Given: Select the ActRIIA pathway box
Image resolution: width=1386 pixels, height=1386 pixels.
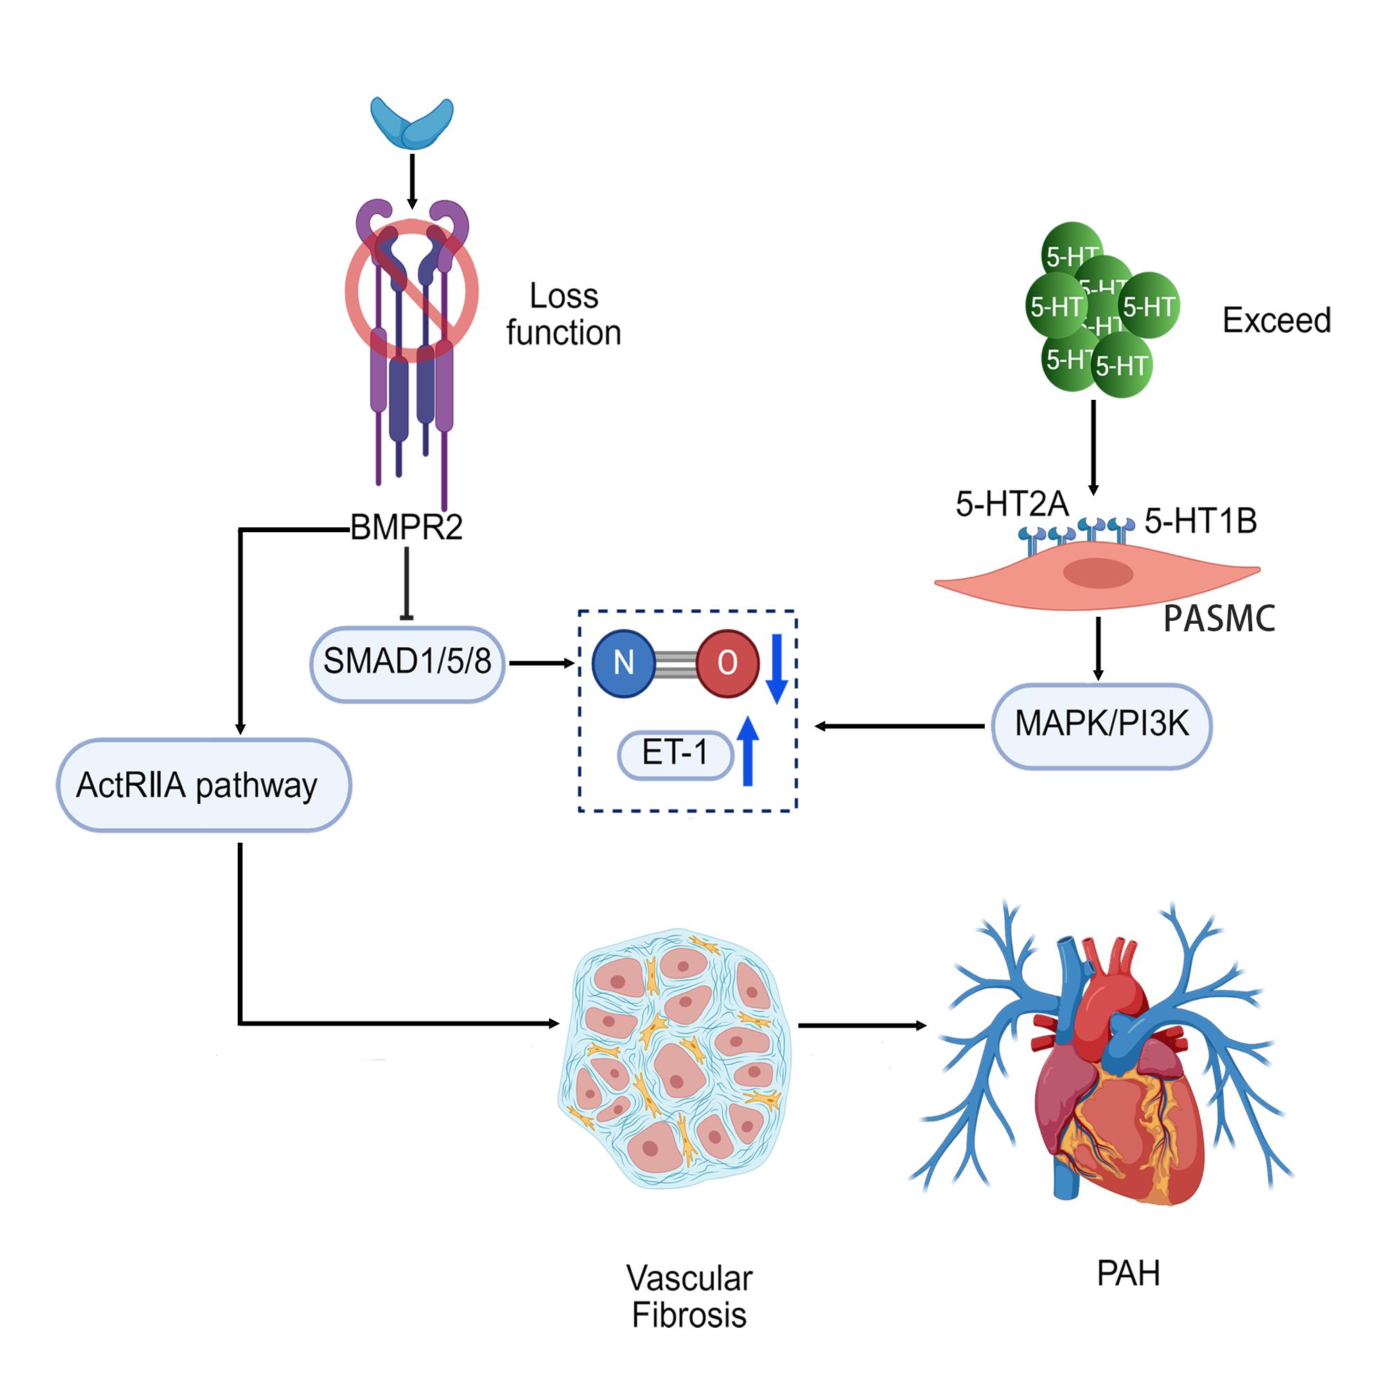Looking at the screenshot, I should tap(204, 785).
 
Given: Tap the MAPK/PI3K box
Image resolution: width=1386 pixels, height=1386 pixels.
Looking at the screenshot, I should tap(1101, 725).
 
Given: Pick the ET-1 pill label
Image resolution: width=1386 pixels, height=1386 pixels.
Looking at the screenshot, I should tap(675, 753).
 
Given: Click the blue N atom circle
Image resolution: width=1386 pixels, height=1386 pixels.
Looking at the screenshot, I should tap(623, 663).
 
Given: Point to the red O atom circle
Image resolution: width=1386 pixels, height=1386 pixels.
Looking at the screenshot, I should tap(728, 663).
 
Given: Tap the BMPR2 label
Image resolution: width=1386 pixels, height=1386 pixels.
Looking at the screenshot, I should tap(406, 528).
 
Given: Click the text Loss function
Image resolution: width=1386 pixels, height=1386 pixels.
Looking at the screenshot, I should tap(563, 314).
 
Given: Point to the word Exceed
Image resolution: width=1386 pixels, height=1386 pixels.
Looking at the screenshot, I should tap(1277, 320).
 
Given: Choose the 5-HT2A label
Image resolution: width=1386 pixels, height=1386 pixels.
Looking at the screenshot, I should tap(1012, 505).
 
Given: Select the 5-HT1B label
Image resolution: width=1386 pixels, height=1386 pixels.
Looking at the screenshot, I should tap(1200, 521).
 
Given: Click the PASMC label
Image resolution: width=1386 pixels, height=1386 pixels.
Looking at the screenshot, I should tap(1219, 618).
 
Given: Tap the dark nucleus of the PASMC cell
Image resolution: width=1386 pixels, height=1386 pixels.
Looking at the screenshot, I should tap(1098, 573).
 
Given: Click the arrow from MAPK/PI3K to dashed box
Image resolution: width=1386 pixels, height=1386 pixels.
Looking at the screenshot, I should tap(900, 726).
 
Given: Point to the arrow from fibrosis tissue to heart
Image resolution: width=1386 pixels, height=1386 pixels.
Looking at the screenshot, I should tap(861, 1026).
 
